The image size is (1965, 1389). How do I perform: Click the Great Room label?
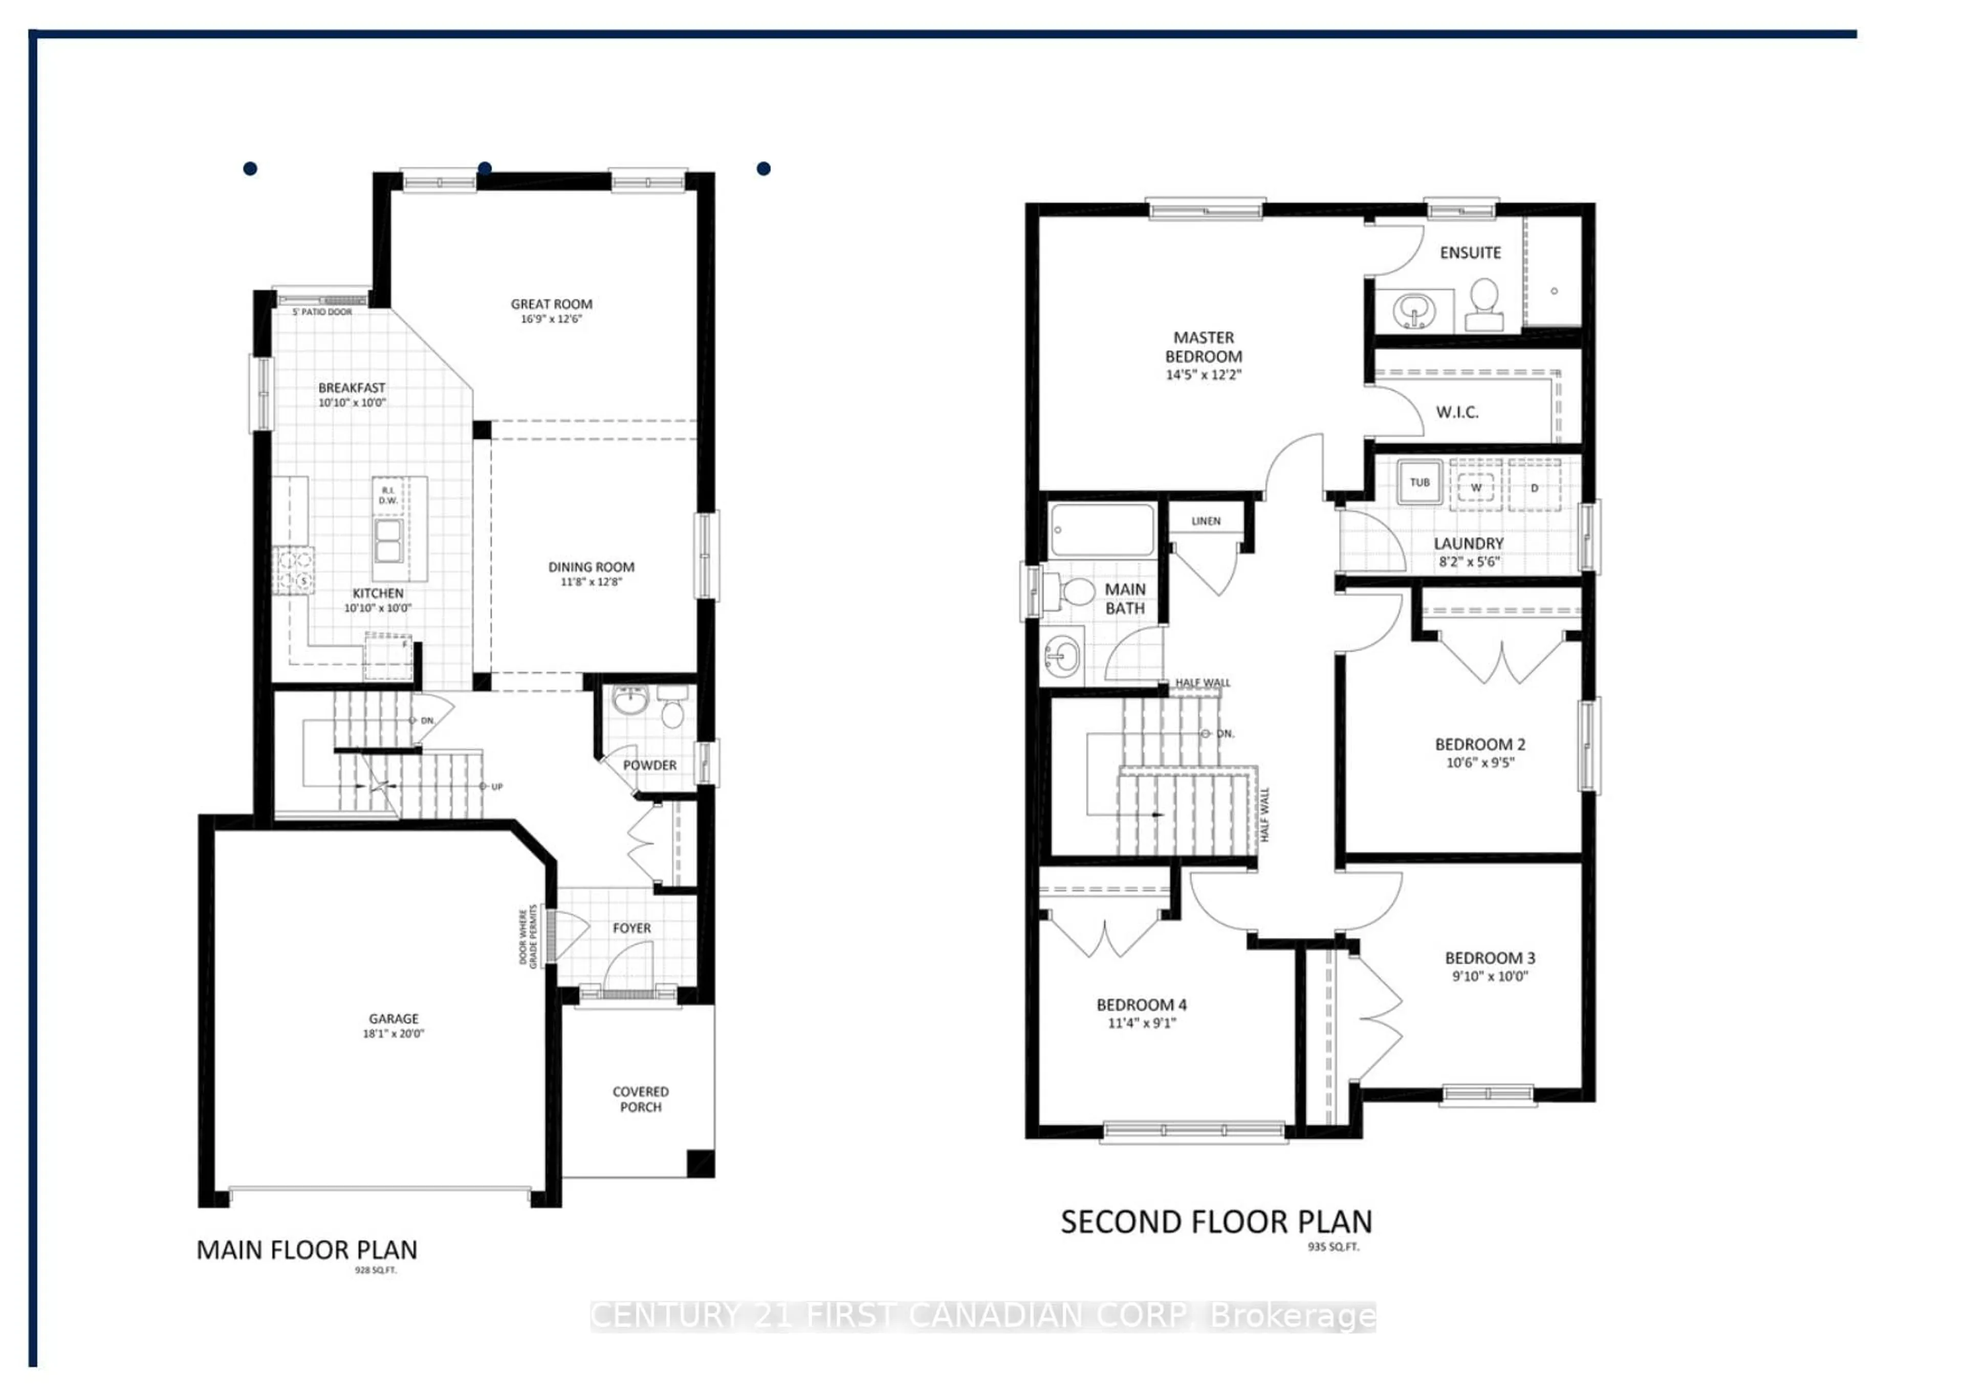551,304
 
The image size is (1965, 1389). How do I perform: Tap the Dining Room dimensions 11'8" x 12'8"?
591,582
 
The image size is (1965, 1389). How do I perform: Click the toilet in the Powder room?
673,710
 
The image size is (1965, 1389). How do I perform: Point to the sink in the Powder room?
631,700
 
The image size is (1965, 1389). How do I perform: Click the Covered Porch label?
640,1099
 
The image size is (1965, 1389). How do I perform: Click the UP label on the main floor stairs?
496,786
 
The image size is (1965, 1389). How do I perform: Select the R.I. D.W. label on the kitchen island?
388,496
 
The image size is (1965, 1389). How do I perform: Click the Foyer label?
631,928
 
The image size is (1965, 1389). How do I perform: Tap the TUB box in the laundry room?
1419,482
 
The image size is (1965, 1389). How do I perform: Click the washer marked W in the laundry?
1475,487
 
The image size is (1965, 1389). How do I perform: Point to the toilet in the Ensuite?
1484,304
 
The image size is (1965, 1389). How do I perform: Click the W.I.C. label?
1457,412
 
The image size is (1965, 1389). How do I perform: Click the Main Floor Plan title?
307,1250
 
